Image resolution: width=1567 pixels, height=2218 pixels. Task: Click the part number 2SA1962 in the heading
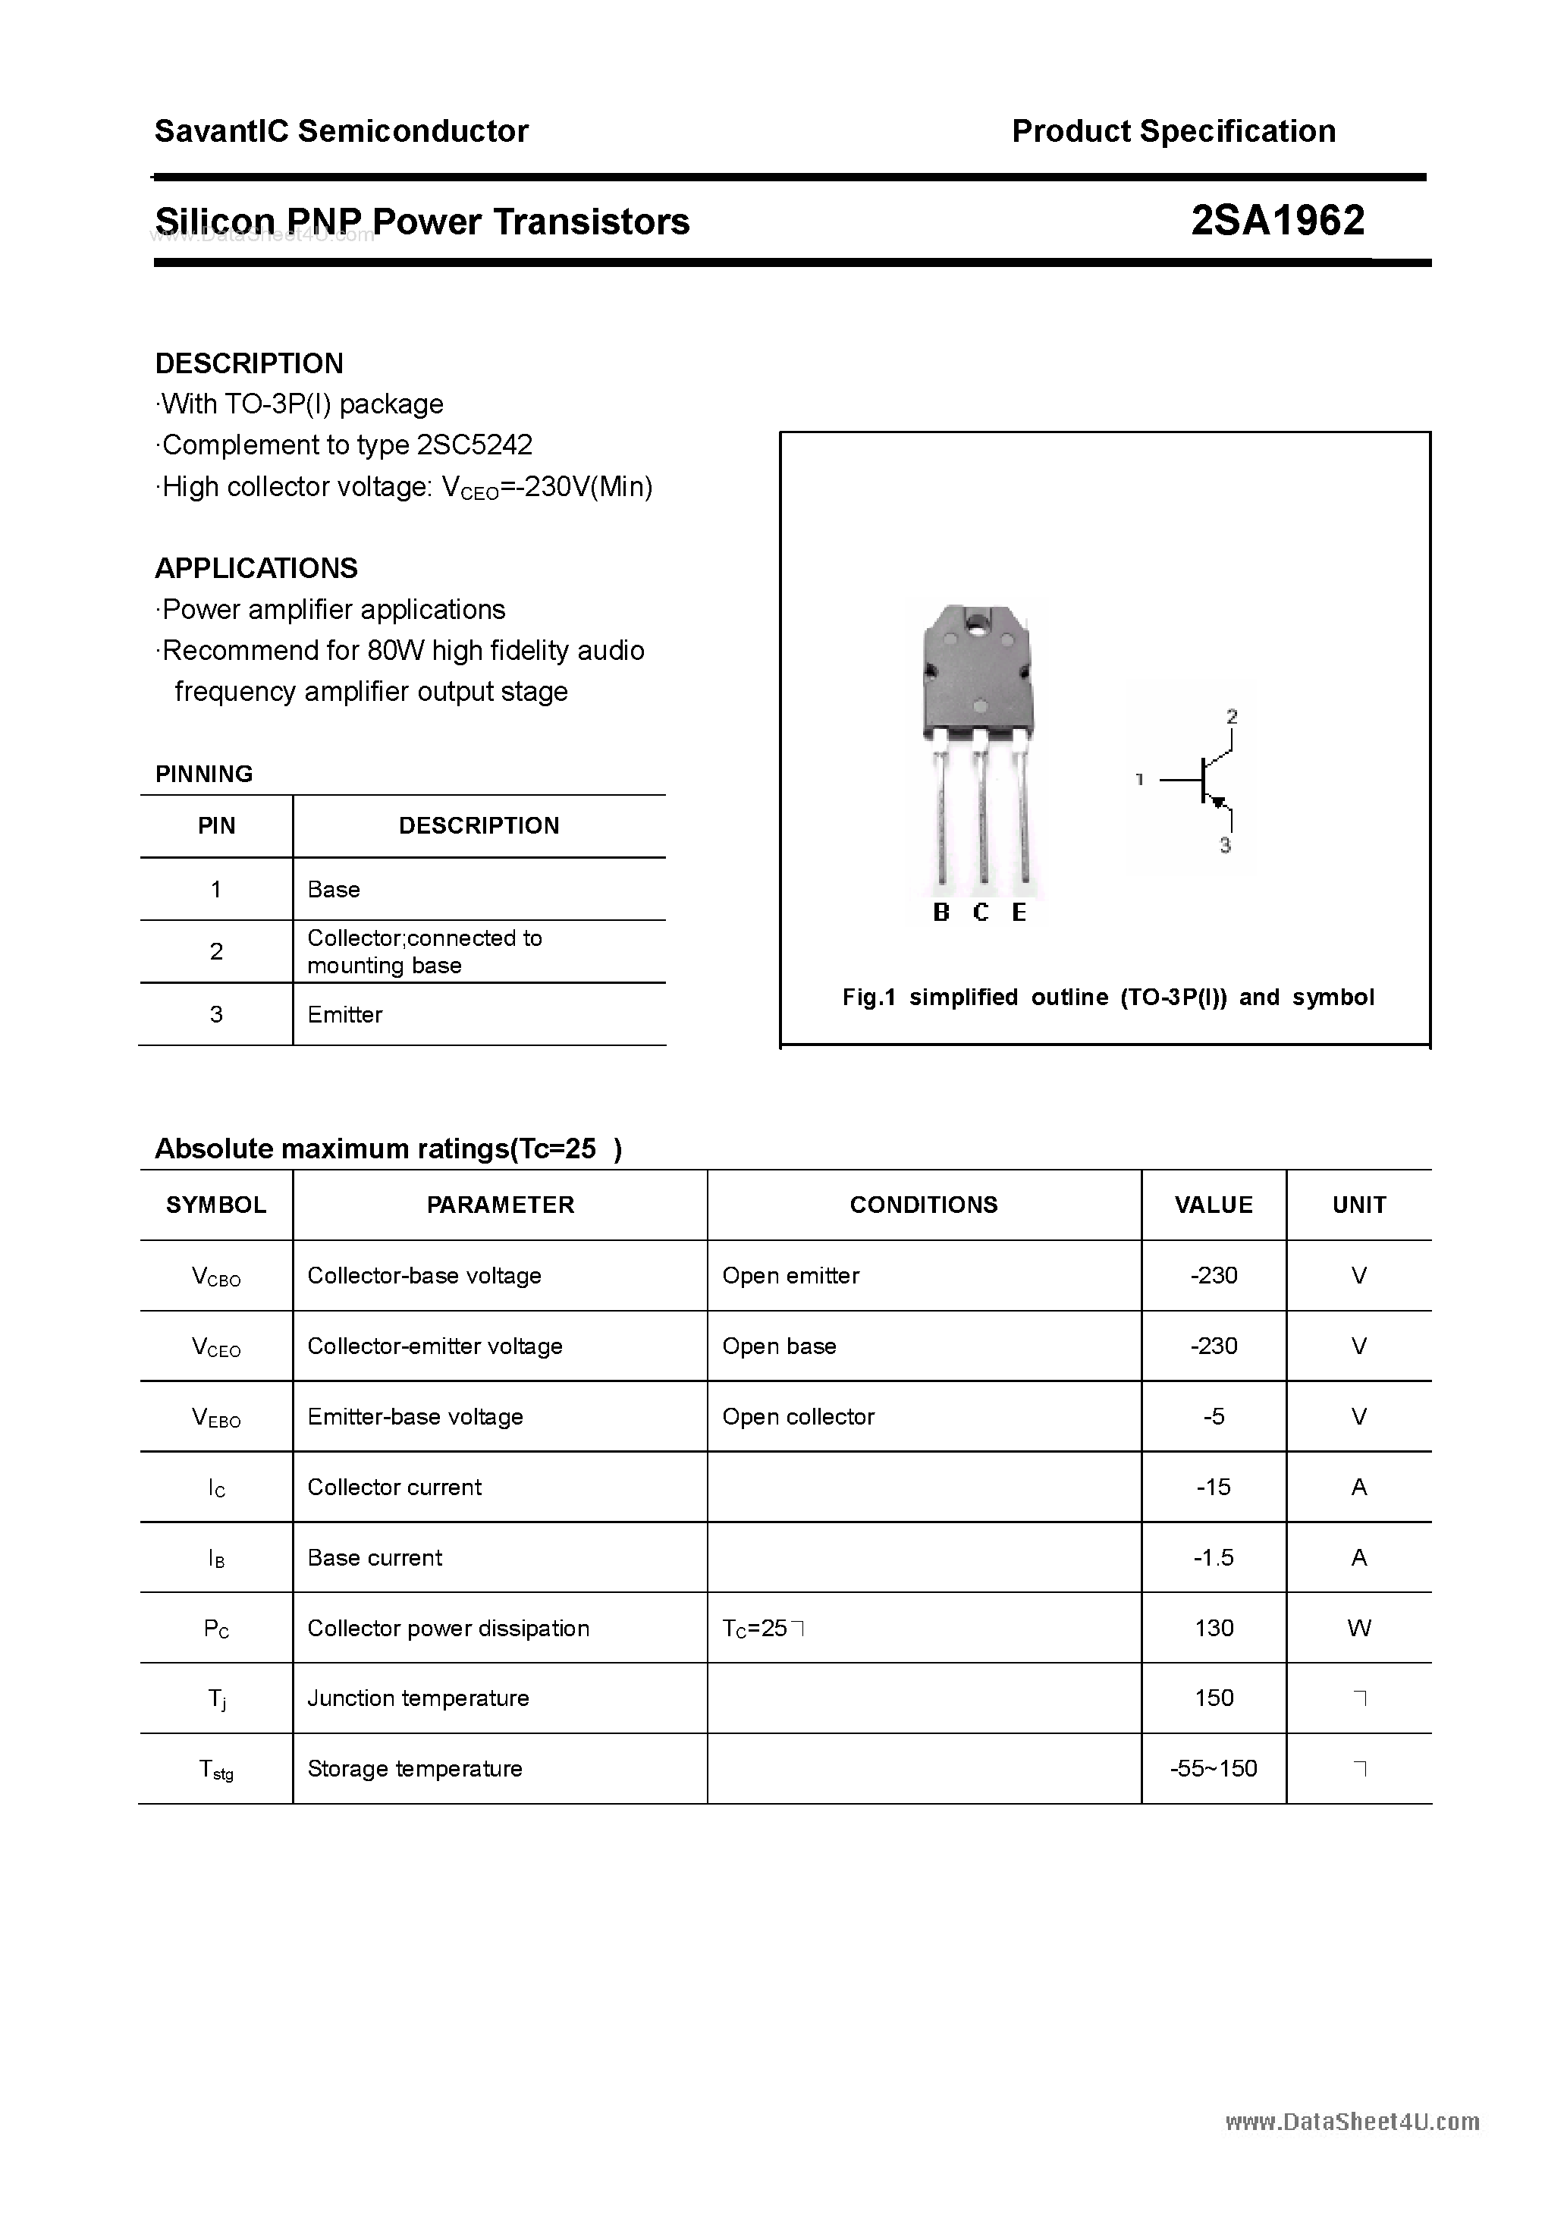coord(1277,221)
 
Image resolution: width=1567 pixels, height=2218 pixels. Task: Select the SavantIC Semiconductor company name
coord(341,131)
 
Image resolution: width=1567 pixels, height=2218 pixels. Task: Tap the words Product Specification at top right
coord(1173,131)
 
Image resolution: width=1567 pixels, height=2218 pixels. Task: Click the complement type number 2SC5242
coord(474,445)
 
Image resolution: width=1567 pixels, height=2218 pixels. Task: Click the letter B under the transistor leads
coord(941,913)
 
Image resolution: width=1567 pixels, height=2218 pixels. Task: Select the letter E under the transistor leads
coord(1019,913)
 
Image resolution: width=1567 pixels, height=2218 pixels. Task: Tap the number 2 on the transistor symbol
coord(1232,717)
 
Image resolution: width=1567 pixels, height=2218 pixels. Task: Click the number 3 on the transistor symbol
coord(1225,845)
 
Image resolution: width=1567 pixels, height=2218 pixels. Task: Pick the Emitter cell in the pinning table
coord(345,1014)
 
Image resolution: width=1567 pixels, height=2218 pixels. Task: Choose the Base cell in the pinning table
coord(333,890)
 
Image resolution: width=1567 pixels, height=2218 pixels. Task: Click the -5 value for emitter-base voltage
coord(1214,1416)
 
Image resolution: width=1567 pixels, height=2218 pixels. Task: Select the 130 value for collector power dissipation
coord(1214,1628)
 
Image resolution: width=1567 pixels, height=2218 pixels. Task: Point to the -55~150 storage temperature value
coord(1214,1769)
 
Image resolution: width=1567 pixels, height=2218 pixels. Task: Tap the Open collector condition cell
coord(798,1416)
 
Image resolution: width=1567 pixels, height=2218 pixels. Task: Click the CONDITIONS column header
coord(924,1205)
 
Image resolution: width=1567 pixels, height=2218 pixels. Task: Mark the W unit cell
coord(1358,1628)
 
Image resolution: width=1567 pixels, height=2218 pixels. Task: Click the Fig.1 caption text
coord(1107,997)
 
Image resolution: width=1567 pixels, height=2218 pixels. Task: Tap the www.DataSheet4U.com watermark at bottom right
coord(1352,2122)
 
